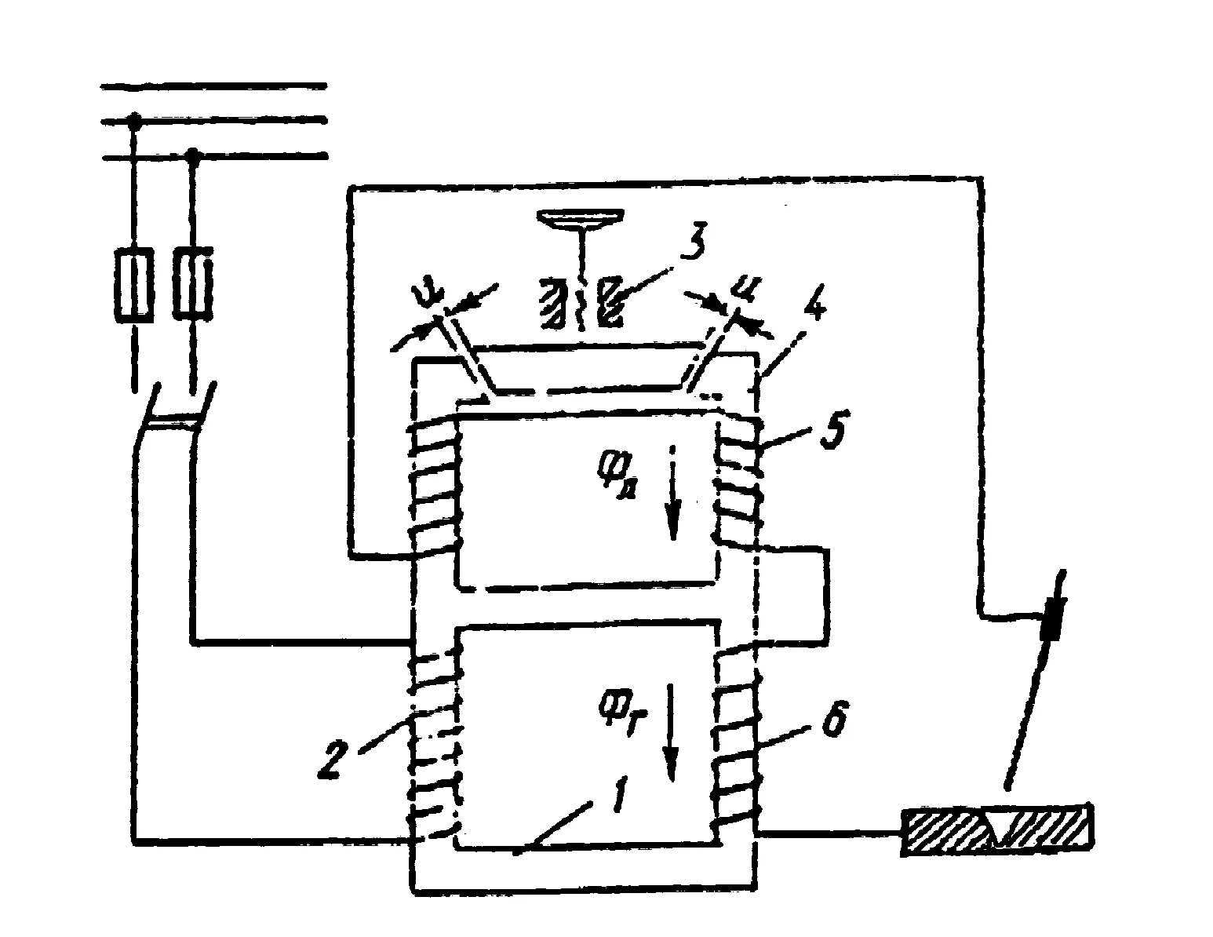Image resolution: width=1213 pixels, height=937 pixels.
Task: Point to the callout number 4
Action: click(814, 310)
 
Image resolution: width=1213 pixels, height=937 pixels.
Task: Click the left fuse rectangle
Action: click(135, 286)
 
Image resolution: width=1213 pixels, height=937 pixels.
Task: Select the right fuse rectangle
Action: click(192, 283)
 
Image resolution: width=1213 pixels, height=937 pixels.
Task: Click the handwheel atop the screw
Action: click(581, 219)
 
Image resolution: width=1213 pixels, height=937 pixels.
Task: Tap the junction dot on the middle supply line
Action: click(134, 121)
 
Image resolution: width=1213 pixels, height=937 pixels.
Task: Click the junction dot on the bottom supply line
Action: click(192, 156)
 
